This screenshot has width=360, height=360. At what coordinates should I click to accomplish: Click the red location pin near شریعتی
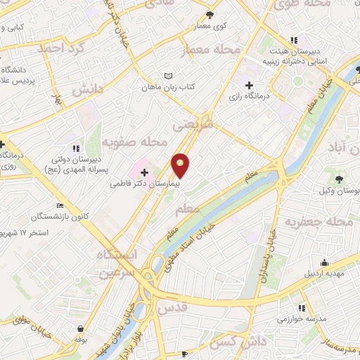[x=181, y=165]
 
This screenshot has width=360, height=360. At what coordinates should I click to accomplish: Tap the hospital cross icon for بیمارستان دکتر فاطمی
[x=144, y=172]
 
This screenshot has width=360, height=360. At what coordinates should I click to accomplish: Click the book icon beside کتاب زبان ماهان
[x=167, y=76]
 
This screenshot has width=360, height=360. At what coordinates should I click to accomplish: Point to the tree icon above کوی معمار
[x=209, y=15]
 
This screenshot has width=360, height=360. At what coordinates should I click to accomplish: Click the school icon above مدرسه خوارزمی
[x=302, y=307]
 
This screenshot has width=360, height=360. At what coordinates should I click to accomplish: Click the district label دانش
[x=88, y=89]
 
